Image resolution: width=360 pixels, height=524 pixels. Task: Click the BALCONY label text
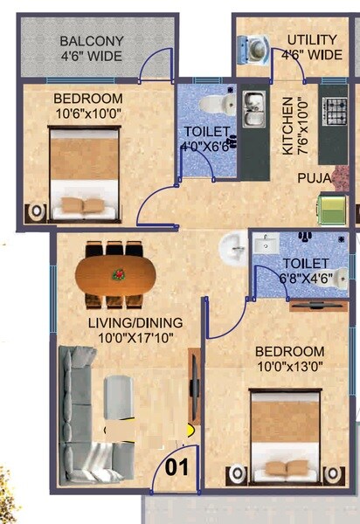[91, 41]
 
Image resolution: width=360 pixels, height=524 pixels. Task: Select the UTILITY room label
[313, 40]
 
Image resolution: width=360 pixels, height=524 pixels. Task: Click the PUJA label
[313, 179]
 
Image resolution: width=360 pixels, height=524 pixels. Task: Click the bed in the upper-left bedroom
[83, 173]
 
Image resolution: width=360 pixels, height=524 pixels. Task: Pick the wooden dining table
[115, 275]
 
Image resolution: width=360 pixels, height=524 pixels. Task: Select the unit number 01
[177, 466]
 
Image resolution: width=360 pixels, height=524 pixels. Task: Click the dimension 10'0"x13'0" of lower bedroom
[289, 367]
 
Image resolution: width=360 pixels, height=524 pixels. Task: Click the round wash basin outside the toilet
[233, 248]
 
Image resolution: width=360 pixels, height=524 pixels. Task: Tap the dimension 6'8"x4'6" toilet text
[304, 278]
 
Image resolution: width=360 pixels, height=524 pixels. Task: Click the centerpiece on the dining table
[115, 274]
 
